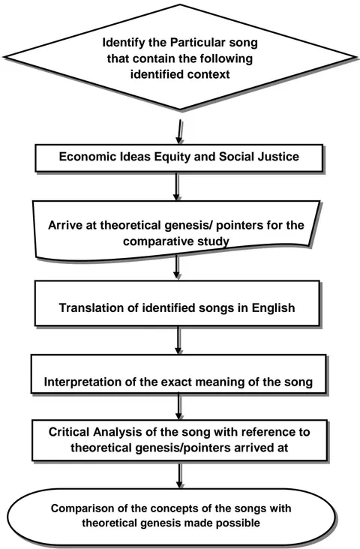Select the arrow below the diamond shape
180,131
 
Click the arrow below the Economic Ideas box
177,187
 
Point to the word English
274,308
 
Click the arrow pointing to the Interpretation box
178,340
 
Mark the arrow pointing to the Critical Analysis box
179,406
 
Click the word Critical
70,432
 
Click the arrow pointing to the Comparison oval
179,475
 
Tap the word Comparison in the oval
77,508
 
